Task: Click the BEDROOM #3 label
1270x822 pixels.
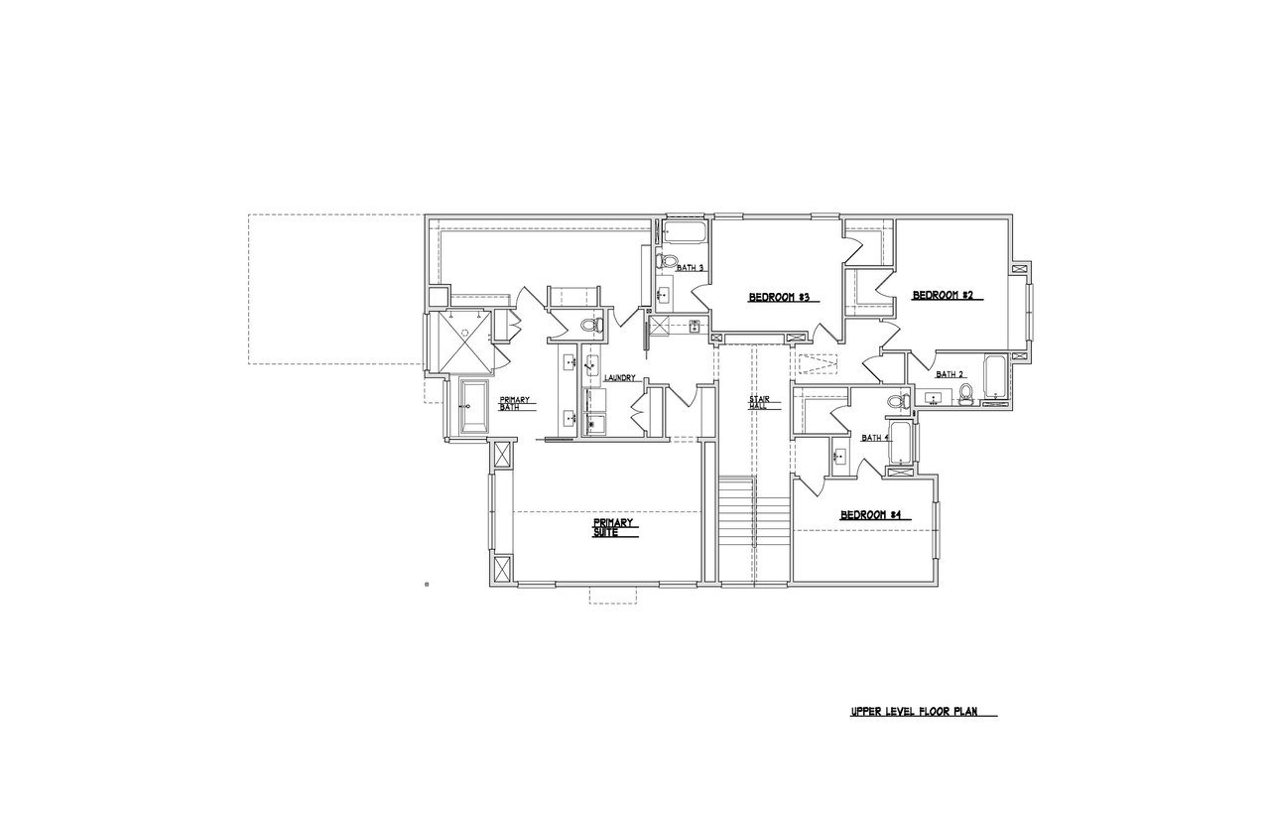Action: (778, 297)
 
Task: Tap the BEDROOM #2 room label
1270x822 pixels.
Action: (943, 295)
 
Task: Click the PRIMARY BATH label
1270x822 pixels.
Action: (514, 403)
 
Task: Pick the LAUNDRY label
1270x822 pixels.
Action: (620, 378)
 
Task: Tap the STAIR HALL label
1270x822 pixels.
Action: (759, 403)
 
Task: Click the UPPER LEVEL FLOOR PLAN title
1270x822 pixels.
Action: (914, 712)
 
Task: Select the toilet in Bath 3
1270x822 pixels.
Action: (667, 261)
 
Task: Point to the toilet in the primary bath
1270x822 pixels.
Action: (592, 325)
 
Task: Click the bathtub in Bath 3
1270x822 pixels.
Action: (685, 232)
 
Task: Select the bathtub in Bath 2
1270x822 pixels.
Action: (995, 376)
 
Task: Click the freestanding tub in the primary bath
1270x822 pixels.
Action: (474, 407)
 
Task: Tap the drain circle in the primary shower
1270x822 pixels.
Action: (465, 333)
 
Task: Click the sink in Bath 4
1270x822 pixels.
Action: (839, 456)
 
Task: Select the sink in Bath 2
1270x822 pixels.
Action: (933, 399)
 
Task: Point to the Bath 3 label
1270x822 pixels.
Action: (690, 268)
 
